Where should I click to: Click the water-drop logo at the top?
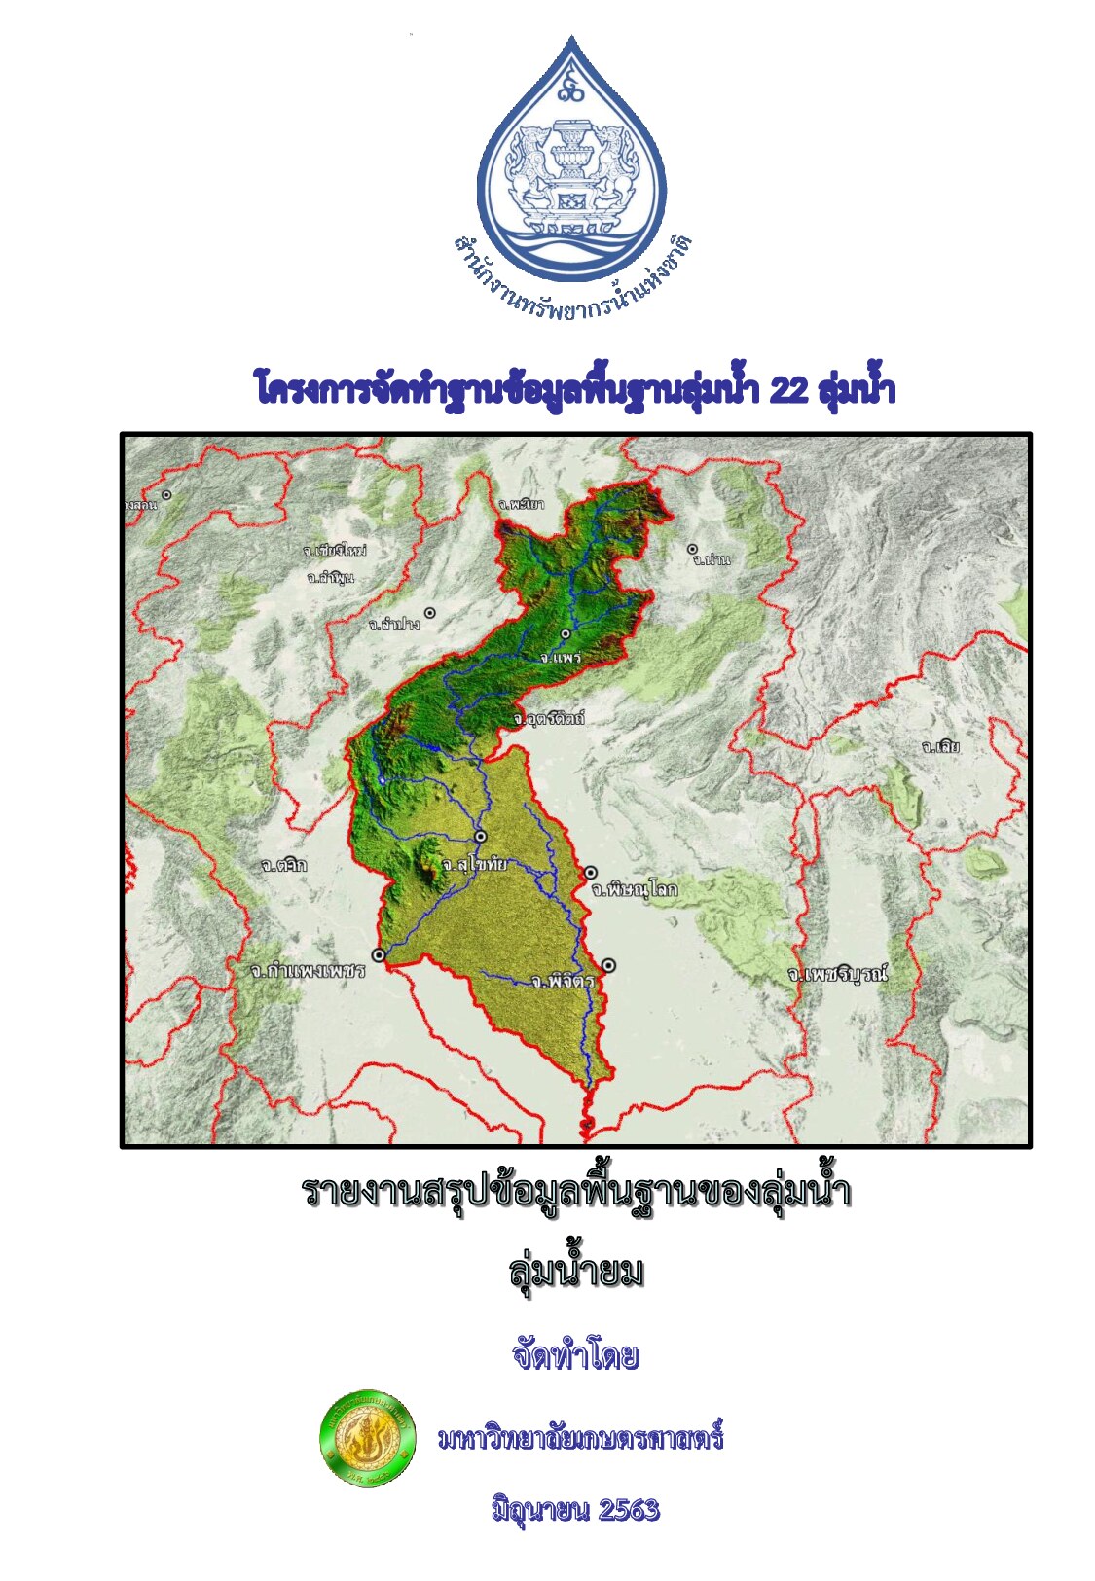click(x=571, y=156)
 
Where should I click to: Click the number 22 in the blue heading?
click(x=787, y=390)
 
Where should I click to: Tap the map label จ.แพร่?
click(x=561, y=658)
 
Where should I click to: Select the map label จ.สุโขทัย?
click(x=474, y=863)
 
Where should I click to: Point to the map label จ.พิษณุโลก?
click(x=635, y=889)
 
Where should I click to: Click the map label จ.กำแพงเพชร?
click(x=307, y=971)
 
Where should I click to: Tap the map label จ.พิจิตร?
click(x=563, y=982)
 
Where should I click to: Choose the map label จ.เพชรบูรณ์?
click(x=838, y=974)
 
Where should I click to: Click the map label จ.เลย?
click(x=940, y=747)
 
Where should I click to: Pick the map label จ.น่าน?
click(x=711, y=560)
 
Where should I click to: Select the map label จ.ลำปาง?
click(x=394, y=624)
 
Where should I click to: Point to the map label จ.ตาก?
click(x=284, y=864)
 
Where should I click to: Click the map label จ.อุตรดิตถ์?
click(x=549, y=719)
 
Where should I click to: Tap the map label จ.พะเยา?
click(x=521, y=504)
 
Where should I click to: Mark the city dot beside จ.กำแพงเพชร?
click(x=379, y=955)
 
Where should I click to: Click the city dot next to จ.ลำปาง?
click(x=429, y=613)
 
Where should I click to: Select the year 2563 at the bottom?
click(x=629, y=1510)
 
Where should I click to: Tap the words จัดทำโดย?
click(x=574, y=1355)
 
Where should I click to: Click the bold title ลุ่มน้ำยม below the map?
click(x=575, y=1272)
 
